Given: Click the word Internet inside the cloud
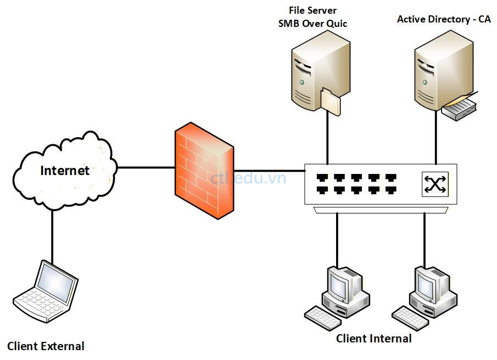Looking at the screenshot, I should (65, 171).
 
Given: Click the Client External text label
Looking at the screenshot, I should (46, 346).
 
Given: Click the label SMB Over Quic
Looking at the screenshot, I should (313, 24).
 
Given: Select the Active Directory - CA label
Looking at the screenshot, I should (444, 19).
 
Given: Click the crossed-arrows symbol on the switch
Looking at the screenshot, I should (434, 184).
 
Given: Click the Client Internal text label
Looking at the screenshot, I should (374, 339).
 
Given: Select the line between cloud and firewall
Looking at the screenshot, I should (146, 167).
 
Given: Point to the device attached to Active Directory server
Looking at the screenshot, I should (460, 106).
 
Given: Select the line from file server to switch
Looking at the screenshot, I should (327, 137).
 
